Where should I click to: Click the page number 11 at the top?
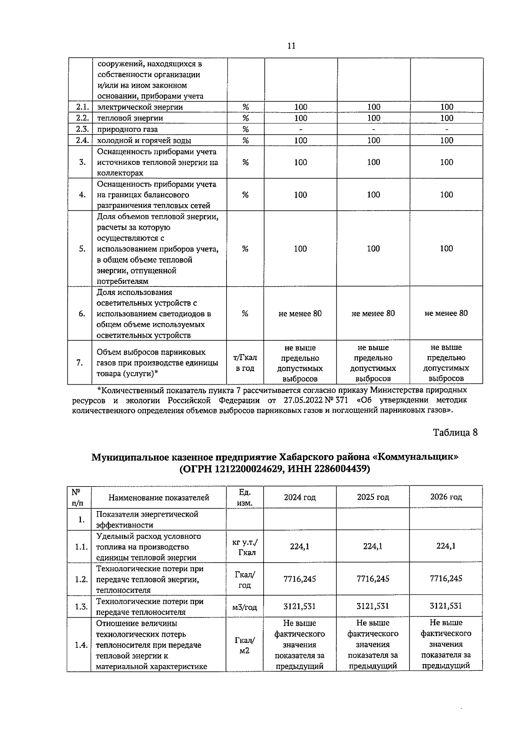click(x=291, y=46)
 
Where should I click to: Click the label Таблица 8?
click(x=455, y=432)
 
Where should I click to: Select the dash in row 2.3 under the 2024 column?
click(x=300, y=129)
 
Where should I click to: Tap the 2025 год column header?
click(x=373, y=497)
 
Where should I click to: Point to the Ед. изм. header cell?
click(x=245, y=497)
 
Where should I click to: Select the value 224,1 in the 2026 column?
click(x=446, y=546)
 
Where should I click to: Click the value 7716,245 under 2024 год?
click(x=300, y=579)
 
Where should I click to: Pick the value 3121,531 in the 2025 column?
click(x=373, y=606)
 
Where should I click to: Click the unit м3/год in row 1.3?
click(x=245, y=607)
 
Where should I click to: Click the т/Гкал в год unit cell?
click(x=245, y=363)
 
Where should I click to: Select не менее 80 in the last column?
click(x=446, y=313)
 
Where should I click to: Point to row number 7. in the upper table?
click(x=80, y=363)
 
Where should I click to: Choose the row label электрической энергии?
click(x=140, y=107)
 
